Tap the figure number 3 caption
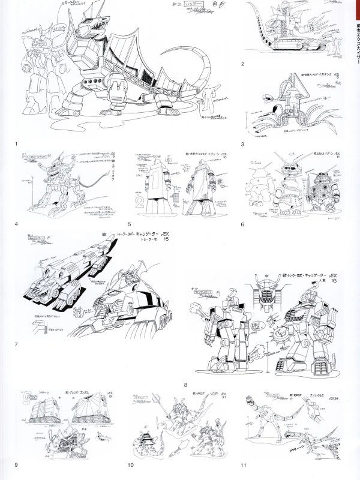[242, 144]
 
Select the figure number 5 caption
[129, 225]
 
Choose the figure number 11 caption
[243, 464]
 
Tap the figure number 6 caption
[242, 225]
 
